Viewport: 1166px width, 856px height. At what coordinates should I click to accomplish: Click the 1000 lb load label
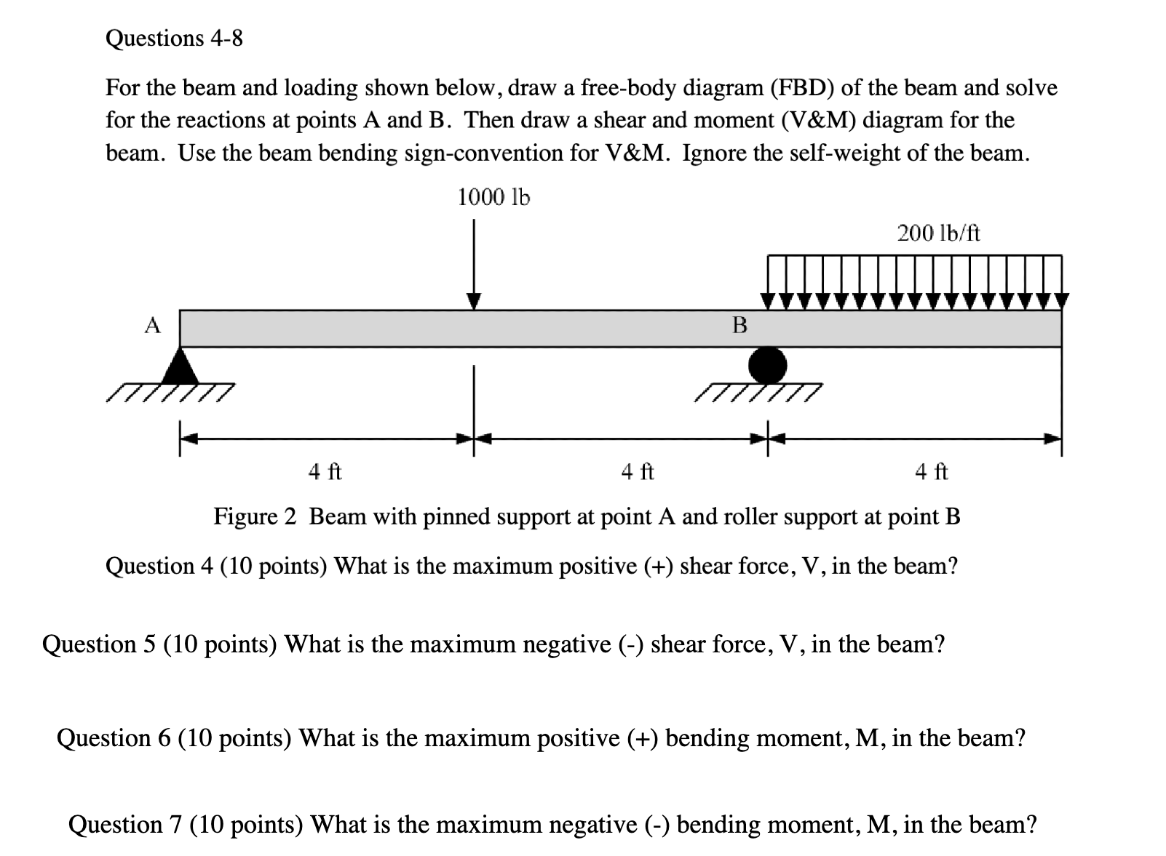coord(493,197)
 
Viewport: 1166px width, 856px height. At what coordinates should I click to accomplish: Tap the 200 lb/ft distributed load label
coord(938,233)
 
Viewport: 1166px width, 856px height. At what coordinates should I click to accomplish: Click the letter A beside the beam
coord(151,326)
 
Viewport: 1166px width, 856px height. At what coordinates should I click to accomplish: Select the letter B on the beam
coord(739,325)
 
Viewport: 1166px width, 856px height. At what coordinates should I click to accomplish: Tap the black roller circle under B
coord(768,364)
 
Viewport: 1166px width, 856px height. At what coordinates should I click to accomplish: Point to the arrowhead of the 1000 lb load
coord(474,301)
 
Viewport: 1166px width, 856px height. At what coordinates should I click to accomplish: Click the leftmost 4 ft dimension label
coord(325,472)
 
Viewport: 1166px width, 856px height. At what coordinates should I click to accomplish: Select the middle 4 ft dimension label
coord(637,472)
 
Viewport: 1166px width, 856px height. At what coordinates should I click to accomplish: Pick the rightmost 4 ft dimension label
coord(931,472)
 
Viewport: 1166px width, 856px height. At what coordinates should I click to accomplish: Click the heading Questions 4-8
coord(174,38)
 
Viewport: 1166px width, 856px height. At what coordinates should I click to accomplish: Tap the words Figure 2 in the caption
coord(255,516)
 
